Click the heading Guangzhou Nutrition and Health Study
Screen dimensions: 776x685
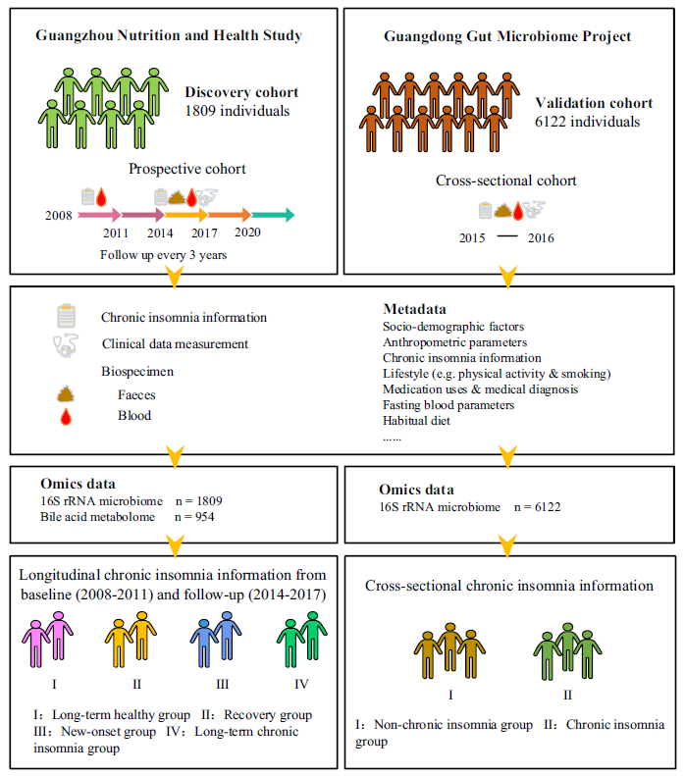[168, 36]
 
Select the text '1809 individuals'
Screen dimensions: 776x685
[237, 111]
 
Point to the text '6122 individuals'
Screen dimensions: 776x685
[589, 122]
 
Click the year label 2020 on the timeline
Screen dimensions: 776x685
[247, 233]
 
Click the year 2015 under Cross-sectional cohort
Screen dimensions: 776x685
[476, 238]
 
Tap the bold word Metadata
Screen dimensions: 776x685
[414, 308]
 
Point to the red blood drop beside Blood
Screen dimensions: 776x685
[67, 417]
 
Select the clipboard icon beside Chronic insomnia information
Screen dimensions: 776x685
[67, 317]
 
